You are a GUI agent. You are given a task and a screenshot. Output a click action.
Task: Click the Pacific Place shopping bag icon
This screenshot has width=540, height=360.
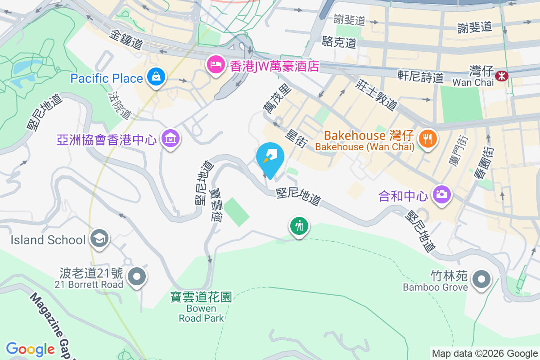point(155,77)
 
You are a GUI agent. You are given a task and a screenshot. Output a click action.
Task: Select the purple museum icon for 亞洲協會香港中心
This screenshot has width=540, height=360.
point(171,139)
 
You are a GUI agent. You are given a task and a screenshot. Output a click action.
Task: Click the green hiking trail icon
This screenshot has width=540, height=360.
point(299,225)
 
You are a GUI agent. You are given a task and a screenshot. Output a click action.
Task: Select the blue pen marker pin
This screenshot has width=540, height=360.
point(270,157)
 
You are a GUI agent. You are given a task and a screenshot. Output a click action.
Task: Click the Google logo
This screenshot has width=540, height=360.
point(31,349)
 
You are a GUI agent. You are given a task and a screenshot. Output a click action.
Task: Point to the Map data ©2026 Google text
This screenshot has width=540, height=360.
point(485,353)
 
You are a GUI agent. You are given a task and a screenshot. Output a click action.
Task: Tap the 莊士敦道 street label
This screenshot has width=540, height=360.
point(377,94)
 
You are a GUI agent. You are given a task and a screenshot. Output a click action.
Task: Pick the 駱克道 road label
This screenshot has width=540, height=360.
point(339,43)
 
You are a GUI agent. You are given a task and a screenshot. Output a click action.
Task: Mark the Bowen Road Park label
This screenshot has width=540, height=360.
point(201,313)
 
